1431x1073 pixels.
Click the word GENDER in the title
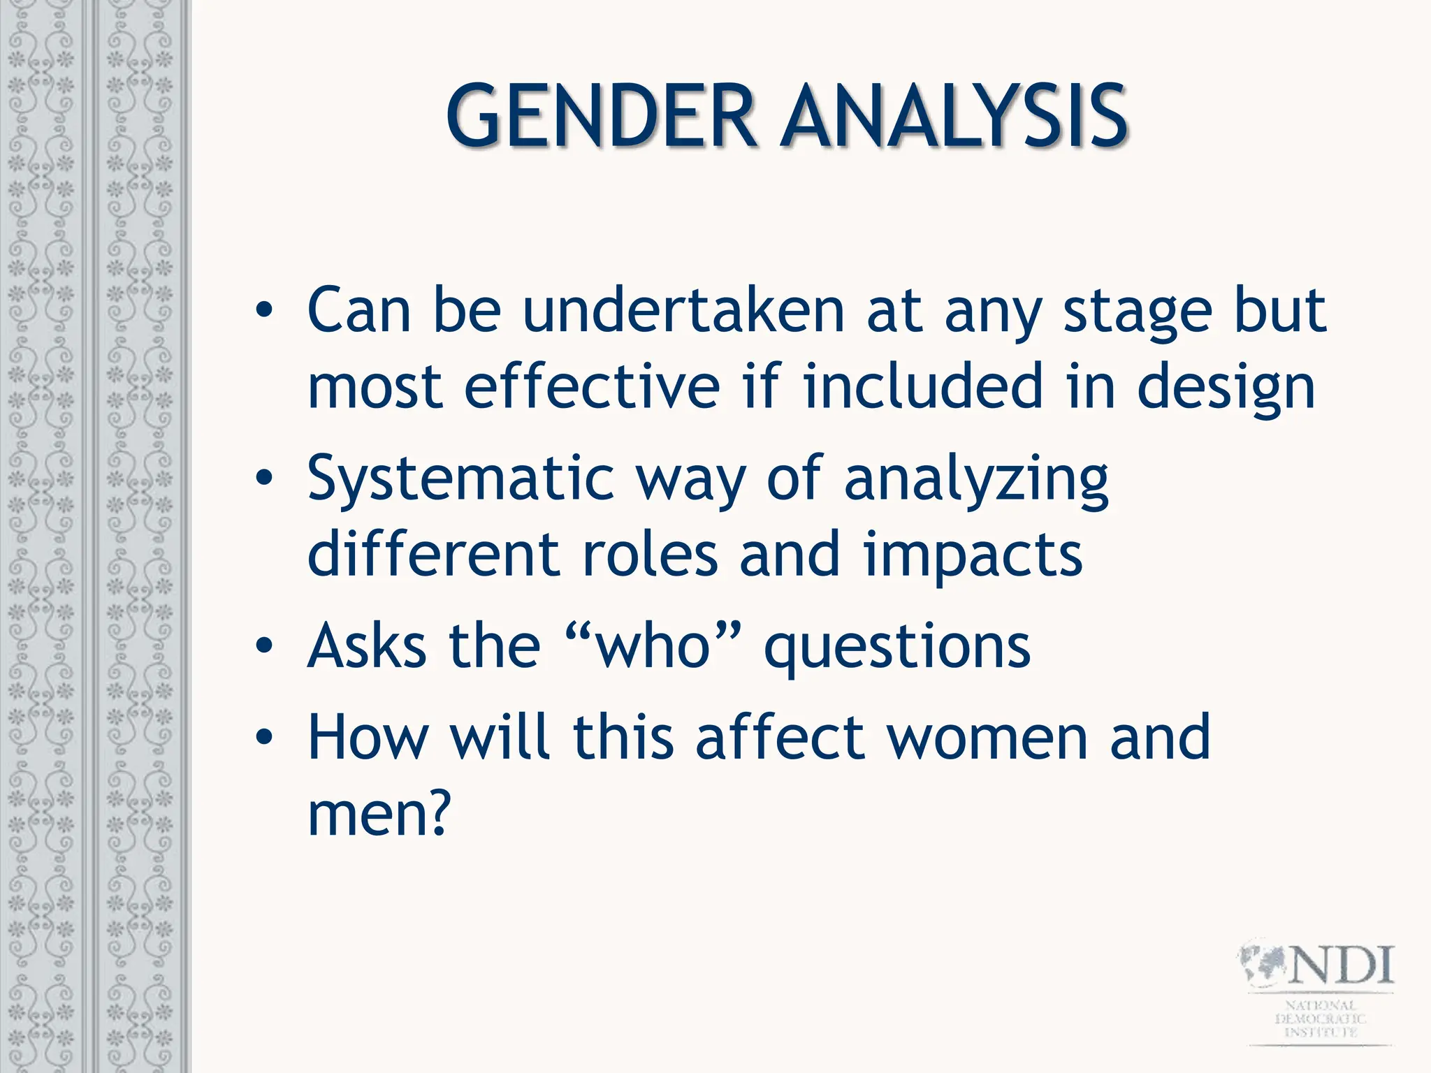click(x=602, y=116)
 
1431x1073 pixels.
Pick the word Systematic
click(x=460, y=481)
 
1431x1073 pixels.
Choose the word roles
click(x=650, y=555)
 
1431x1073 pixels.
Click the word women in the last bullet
click(x=988, y=738)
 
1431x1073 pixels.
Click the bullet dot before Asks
click(x=264, y=646)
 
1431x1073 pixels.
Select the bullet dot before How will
click(x=264, y=738)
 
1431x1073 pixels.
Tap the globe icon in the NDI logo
click(x=1263, y=966)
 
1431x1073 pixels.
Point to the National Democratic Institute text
click(x=1320, y=1019)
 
